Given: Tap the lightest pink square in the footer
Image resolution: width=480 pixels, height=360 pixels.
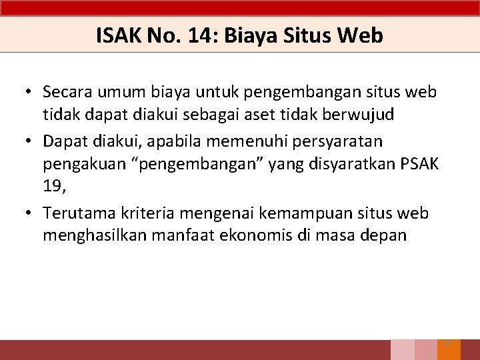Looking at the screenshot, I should pyautogui.click(x=402, y=350).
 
